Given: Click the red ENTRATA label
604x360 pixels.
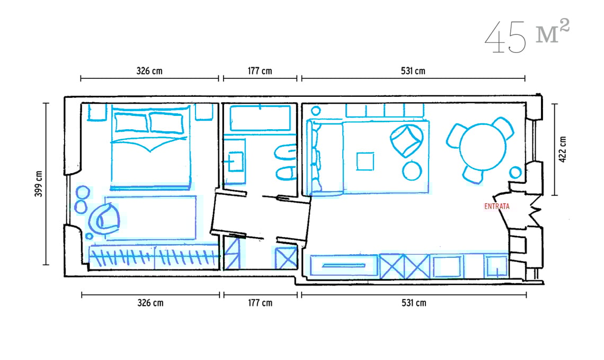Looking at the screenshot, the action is click(x=496, y=206).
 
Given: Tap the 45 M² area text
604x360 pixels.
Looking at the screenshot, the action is click(x=527, y=36).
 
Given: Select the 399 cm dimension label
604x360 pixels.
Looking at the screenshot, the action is click(x=39, y=184).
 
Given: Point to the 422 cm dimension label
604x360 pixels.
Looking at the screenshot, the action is click(x=562, y=149).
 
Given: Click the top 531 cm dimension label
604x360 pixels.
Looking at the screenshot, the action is click(x=413, y=71).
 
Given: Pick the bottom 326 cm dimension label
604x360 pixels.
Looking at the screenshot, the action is click(x=150, y=303).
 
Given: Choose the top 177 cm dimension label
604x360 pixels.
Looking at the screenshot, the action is click(x=260, y=71).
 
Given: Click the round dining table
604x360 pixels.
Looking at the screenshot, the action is click(x=482, y=147).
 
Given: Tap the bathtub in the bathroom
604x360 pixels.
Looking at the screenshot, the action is click(x=260, y=118).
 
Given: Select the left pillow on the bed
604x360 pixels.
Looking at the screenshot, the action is click(x=131, y=122).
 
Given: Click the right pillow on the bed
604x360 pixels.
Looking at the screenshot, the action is click(x=166, y=123).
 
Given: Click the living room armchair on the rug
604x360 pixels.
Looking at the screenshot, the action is click(x=406, y=140).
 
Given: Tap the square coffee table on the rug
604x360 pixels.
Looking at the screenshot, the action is click(x=365, y=161).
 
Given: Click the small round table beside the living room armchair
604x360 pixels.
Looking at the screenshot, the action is click(x=412, y=170).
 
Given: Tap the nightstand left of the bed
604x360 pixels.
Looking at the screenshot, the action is click(x=97, y=112).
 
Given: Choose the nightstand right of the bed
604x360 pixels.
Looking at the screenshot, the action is click(x=204, y=112).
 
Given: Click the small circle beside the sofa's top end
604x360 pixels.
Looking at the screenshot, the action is click(x=316, y=111).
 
